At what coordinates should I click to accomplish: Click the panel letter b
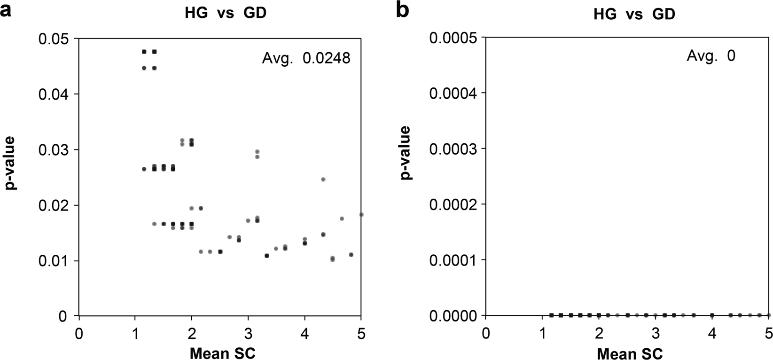403,10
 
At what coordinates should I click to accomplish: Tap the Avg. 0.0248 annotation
305,59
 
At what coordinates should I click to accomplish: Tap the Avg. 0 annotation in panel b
711,56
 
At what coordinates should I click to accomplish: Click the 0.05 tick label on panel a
53,39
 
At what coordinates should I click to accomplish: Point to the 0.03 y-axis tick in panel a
53,150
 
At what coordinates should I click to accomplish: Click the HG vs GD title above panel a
225,13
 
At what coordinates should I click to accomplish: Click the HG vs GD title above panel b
634,14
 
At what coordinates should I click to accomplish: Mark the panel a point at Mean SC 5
361,214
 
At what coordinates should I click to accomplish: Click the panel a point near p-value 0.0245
323,180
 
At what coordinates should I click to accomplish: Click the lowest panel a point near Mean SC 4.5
333,259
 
